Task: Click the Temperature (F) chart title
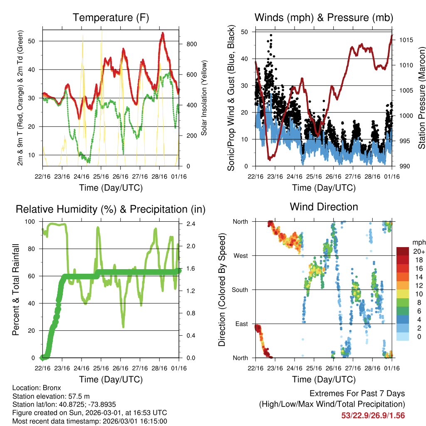click(x=111, y=18)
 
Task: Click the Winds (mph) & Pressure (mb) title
click(x=324, y=18)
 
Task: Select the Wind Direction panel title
click(x=324, y=207)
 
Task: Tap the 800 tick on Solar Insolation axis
click(x=186, y=44)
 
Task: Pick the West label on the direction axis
click(x=240, y=255)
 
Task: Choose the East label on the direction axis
click(x=241, y=324)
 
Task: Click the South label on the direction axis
click(x=240, y=290)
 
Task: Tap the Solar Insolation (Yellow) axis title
click(x=204, y=98)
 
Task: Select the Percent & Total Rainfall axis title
click(x=15, y=290)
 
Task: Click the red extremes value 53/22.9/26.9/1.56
click(x=373, y=416)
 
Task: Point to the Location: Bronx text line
click(x=37, y=388)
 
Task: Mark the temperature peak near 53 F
click(x=163, y=33)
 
